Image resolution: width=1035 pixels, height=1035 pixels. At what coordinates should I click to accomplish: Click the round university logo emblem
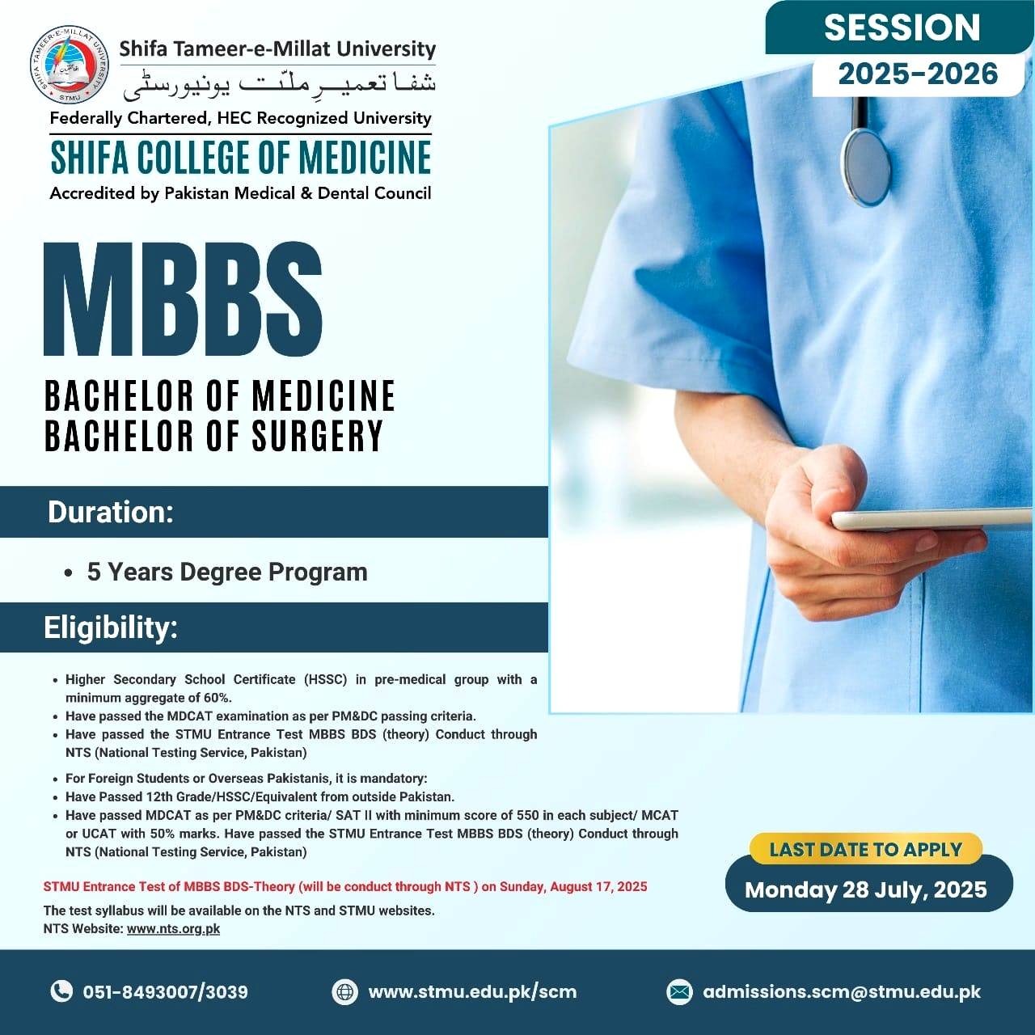pyautogui.click(x=69, y=65)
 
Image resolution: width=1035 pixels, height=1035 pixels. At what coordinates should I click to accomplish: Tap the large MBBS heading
pyautogui.click(x=184, y=298)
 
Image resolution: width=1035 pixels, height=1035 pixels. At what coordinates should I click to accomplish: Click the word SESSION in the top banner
pyautogui.click(x=902, y=27)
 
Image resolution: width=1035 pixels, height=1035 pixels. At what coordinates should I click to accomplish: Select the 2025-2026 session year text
pyautogui.click(x=918, y=74)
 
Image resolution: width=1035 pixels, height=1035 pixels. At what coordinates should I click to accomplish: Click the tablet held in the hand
pyautogui.click(x=932, y=519)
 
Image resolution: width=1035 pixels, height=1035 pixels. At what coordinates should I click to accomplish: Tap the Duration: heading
pyautogui.click(x=111, y=512)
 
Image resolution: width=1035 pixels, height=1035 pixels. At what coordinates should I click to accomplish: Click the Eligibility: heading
pyautogui.click(x=111, y=627)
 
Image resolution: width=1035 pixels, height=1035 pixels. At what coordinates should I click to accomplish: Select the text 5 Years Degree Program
pyautogui.click(x=227, y=572)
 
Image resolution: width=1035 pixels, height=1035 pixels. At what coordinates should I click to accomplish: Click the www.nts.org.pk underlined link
pyautogui.click(x=174, y=928)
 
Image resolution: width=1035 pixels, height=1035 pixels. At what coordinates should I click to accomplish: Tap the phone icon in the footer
pyautogui.click(x=61, y=991)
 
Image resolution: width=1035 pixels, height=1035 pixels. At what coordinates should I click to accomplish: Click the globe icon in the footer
pyautogui.click(x=344, y=991)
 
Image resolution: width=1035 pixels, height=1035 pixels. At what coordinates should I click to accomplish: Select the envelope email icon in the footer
pyautogui.click(x=679, y=991)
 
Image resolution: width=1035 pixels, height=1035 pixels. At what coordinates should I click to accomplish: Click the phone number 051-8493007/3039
pyautogui.click(x=166, y=991)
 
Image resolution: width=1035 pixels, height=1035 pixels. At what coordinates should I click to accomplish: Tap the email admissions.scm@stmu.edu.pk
pyautogui.click(x=842, y=991)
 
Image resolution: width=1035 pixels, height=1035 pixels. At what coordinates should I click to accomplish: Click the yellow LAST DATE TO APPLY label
pyautogui.click(x=866, y=849)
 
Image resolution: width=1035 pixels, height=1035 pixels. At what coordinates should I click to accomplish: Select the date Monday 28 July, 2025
pyautogui.click(x=866, y=890)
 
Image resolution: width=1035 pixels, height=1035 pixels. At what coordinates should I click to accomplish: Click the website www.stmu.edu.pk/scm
pyautogui.click(x=473, y=991)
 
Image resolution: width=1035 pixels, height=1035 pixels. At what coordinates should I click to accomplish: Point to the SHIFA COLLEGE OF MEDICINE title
pyautogui.click(x=241, y=158)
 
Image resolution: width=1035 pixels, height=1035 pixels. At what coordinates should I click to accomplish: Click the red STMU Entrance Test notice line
pyautogui.click(x=345, y=886)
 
